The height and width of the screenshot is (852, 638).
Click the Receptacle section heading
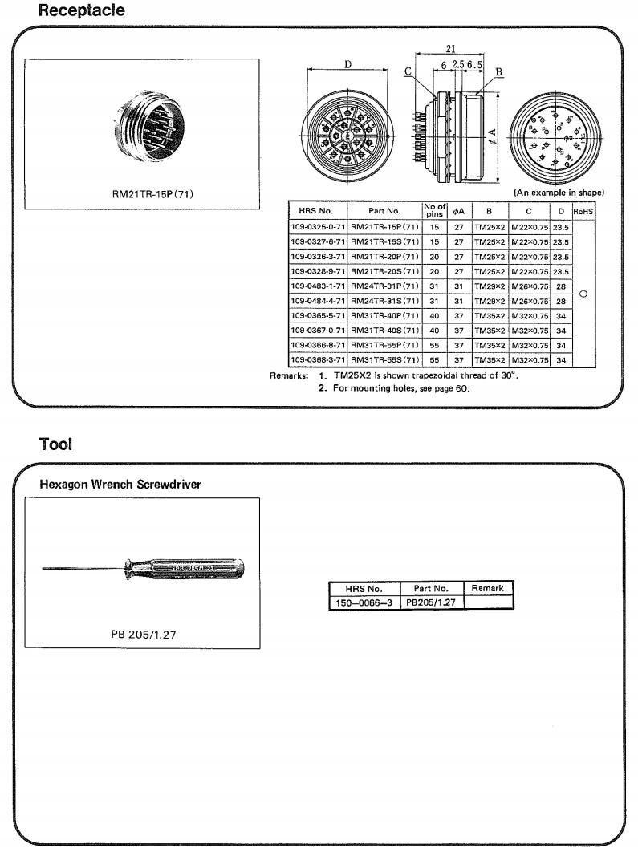(x=82, y=11)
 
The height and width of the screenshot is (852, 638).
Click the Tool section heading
(x=55, y=444)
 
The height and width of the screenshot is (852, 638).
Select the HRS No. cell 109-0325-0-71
(x=317, y=228)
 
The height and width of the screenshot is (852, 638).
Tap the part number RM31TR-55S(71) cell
(x=384, y=359)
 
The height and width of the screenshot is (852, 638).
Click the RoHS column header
(x=583, y=211)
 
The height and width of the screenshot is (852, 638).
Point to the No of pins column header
(x=434, y=210)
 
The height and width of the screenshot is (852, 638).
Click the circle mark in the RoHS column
(x=583, y=293)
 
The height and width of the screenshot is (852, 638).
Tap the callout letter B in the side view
(x=498, y=71)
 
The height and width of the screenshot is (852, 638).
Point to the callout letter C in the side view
(x=408, y=71)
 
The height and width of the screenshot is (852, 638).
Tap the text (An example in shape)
(x=558, y=193)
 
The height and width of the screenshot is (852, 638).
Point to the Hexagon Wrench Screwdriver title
(x=120, y=485)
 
